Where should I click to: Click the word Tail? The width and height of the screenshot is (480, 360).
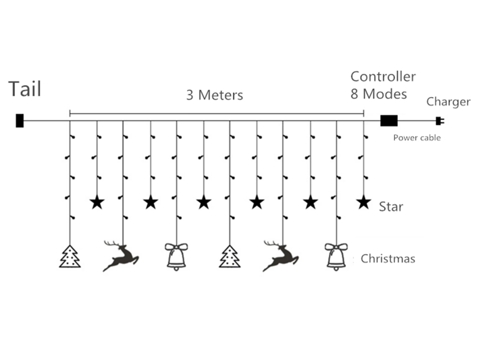click(x=25, y=89)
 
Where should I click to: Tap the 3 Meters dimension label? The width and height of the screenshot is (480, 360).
click(x=214, y=95)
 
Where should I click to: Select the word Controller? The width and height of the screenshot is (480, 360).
click(x=383, y=76)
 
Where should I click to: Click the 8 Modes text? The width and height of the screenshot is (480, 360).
click(x=379, y=94)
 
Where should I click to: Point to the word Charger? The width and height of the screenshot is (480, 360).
click(x=448, y=102)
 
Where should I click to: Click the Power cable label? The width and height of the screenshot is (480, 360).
click(x=417, y=138)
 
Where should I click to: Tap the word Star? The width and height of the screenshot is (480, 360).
click(x=391, y=207)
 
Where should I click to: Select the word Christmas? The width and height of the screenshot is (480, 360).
click(x=388, y=259)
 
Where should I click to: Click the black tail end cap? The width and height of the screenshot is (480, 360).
click(x=20, y=121)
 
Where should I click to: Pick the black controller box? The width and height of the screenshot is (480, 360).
click(x=389, y=121)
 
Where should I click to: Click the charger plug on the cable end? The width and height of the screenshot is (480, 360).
click(x=440, y=121)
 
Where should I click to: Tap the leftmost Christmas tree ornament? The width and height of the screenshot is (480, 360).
click(x=70, y=257)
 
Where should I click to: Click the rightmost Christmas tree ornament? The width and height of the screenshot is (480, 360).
click(x=230, y=257)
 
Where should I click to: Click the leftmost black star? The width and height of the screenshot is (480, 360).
click(x=97, y=202)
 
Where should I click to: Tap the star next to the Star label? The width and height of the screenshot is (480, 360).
click(x=364, y=202)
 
